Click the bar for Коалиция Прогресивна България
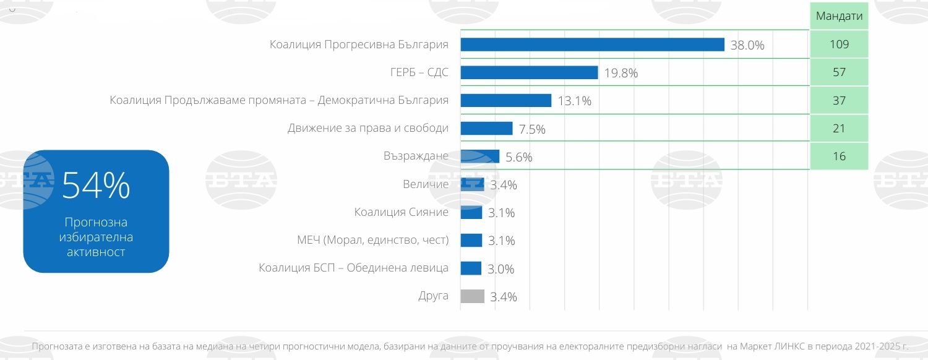592,45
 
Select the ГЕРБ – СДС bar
529,72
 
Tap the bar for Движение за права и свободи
486,128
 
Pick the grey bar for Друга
473,296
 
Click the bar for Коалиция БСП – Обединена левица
471,268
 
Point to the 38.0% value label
747,45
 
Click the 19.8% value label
621,73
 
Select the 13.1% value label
574,101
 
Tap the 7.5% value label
532,129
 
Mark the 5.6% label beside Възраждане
518,157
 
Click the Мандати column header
839,16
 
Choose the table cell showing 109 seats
840,45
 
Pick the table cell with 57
840,72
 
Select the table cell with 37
840,100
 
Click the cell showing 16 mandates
840,156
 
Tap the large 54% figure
96,186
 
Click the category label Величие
425,184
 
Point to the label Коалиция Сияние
401,212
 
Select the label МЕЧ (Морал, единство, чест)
372,240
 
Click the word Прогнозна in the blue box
96,223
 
